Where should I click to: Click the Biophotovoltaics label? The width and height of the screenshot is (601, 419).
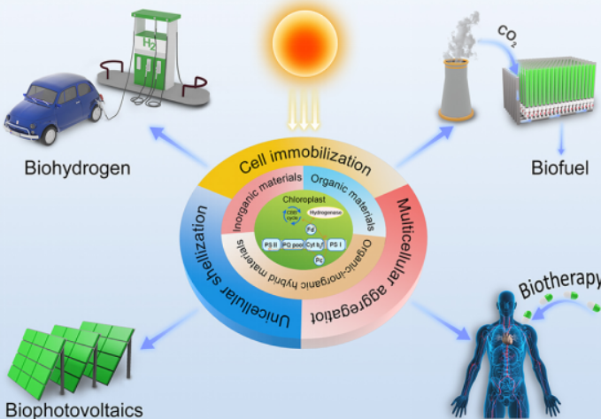[x=65, y=409]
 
